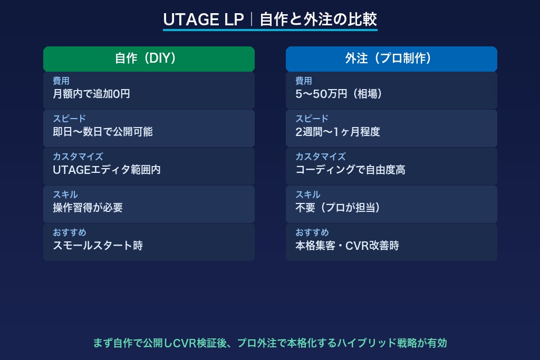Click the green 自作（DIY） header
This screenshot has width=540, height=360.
click(149, 59)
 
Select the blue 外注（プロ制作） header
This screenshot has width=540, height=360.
click(391, 59)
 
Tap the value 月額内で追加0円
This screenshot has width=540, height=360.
click(91, 94)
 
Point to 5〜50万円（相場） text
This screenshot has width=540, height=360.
click(339, 94)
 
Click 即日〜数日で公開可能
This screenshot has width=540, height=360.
click(103, 132)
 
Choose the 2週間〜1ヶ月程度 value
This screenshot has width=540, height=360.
click(337, 132)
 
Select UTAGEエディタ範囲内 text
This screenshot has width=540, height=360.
click(107, 170)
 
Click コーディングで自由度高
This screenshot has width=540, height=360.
click(350, 170)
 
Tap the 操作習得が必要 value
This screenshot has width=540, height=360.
click(88, 208)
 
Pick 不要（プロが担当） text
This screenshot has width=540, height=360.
click(338, 208)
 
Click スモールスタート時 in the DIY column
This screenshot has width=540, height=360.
click(98, 246)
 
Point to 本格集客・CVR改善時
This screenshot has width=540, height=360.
click(347, 246)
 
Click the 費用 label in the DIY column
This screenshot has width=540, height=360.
click(61, 81)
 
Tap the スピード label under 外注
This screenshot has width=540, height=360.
click(312, 119)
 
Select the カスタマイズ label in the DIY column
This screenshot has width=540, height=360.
click(78, 157)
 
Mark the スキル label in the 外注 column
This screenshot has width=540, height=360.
click(307, 194)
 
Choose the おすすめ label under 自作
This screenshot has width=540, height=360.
click(69, 232)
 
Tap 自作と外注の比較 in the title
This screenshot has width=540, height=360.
click(318, 20)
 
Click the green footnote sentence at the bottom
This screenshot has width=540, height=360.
click(270, 343)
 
